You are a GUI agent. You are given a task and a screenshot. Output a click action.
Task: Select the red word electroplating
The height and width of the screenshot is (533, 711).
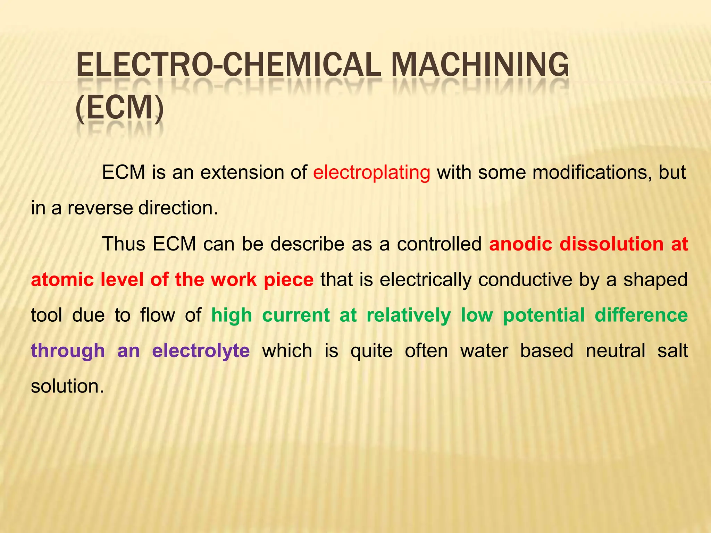tap(371, 172)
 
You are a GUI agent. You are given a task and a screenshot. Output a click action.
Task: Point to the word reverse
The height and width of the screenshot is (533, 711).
tap(100, 208)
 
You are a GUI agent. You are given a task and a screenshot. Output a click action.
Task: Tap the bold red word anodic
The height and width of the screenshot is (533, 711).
tap(520, 244)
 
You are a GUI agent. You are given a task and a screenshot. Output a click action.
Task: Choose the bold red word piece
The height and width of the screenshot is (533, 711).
tap(288, 280)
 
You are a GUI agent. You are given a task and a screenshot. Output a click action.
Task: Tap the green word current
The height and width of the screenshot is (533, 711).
tap(296, 315)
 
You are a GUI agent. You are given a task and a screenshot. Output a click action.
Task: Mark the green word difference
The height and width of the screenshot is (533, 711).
tap(641, 315)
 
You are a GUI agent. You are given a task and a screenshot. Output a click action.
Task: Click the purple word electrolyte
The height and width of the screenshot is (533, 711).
tap(201, 351)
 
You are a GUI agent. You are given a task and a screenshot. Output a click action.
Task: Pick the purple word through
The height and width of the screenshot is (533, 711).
tap(68, 351)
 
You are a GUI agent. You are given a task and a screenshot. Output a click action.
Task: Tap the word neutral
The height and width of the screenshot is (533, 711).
tap(615, 351)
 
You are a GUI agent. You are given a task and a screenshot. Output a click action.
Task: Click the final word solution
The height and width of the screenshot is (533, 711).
tap(67, 387)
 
